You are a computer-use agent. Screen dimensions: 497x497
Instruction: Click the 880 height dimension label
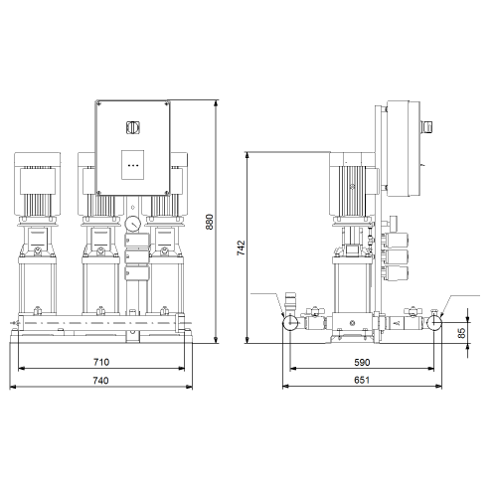point(210,222)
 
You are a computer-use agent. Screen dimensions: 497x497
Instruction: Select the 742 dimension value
point(241,248)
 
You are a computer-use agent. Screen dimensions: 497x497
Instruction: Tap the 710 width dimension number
point(101,362)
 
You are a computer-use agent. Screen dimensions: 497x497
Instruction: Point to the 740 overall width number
point(100,381)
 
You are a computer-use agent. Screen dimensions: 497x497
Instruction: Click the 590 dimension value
point(362,363)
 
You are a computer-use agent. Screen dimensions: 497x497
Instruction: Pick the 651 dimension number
point(362,380)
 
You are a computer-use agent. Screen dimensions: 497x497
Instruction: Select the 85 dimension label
point(461,333)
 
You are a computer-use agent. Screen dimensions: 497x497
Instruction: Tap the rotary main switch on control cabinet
point(132,127)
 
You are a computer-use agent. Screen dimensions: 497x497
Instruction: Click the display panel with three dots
point(132,165)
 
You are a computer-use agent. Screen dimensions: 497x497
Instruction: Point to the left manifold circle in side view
point(290,322)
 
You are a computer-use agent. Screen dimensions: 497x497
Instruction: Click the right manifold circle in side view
point(434,322)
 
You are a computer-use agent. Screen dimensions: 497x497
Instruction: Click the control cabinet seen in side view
point(404,149)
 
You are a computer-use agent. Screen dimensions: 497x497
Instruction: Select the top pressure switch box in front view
point(137,241)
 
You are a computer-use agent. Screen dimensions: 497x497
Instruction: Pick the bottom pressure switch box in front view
point(137,273)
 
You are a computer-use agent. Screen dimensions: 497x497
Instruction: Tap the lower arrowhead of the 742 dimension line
point(248,340)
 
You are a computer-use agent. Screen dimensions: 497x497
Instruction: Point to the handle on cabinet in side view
point(427,127)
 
